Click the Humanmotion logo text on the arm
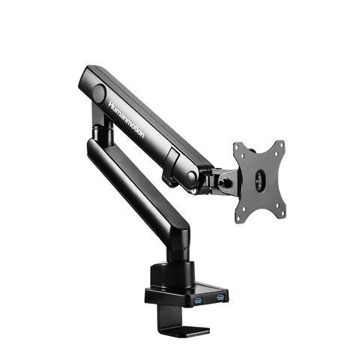pyautogui.click(x=127, y=119)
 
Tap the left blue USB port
pyautogui.click(x=198, y=301)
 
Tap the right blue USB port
pyautogui.click(x=220, y=298)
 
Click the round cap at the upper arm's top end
pyautogui.click(x=99, y=94)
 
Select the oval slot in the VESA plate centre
pyautogui.click(x=259, y=178)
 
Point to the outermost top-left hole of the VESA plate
pyautogui.click(x=238, y=145)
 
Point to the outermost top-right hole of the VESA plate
pyautogui.click(x=282, y=144)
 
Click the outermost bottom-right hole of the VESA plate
pyautogui.click(x=283, y=214)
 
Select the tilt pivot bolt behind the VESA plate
pyautogui.click(x=222, y=182)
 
